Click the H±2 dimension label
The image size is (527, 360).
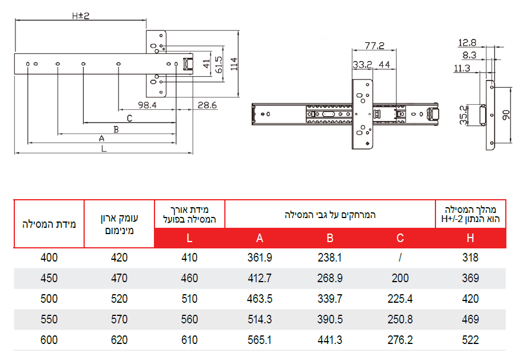point(81,16)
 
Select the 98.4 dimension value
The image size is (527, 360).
point(147,105)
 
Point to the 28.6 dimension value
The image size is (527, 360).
point(207,105)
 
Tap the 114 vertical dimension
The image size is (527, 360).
point(234,64)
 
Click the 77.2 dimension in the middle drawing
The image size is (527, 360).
point(374,45)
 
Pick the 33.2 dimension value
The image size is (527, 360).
point(362,64)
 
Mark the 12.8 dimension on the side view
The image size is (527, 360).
point(467,43)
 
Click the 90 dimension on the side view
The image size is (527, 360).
point(506,114)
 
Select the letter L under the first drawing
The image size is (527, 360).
point(104,149)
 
